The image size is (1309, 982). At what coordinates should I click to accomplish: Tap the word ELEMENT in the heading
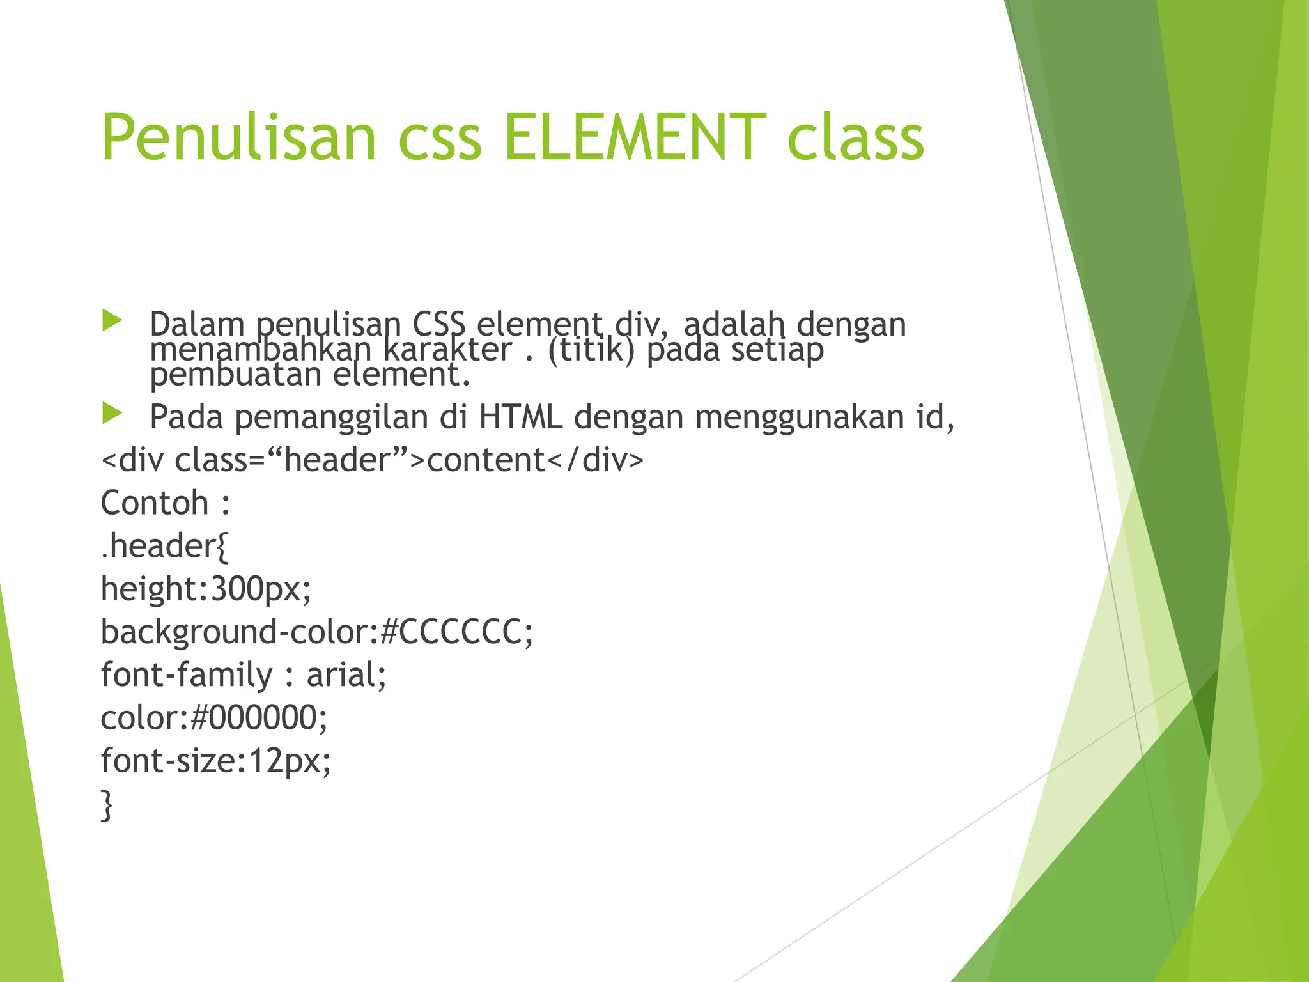click(x=635, y=137)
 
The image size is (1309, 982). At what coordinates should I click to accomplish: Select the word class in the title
click(x=855, y=137)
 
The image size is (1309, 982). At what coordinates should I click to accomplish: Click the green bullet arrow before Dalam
click(x=112, y=320)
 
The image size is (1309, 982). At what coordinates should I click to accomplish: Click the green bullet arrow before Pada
click(x=112, y=414)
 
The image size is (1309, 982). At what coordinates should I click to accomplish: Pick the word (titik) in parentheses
click(x=591, y=350)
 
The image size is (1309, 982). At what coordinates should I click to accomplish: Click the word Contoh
click(x=155, y=503)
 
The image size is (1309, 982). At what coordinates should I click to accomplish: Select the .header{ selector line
click(x=165, y=546)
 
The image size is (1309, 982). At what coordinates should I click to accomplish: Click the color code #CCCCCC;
click(x=456, y=632)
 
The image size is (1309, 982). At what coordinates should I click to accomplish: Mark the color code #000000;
click(x=259, y=718)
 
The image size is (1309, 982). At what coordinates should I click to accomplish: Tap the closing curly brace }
click(x=107, y=805)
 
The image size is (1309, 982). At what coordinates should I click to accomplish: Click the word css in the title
click(x=440, y=137)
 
